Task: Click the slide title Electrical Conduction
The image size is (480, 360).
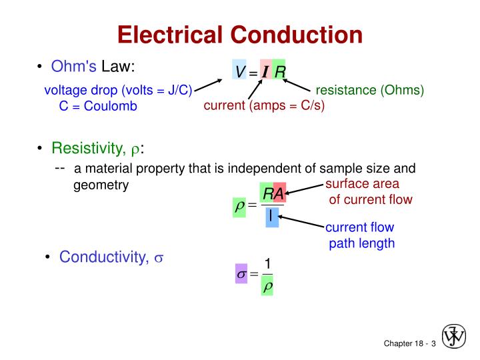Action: click(240, 34)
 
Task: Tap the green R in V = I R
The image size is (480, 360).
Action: click(280, 71)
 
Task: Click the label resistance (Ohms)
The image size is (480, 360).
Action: click(370, 90)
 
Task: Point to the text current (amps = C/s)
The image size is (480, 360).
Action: click(264, 105)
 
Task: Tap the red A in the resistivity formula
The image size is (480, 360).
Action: click(279, 193)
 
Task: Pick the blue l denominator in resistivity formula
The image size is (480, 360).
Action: click(271, 217)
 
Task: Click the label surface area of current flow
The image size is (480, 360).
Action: click(368, 192)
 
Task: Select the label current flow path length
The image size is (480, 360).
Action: click(361, 236)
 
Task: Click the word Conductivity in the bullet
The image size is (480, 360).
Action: click(103, 257)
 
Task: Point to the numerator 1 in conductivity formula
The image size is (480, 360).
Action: click(267, 263)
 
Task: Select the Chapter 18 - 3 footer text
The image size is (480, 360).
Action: click(409, 343)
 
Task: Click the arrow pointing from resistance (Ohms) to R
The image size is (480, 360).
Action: click(297, 85)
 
